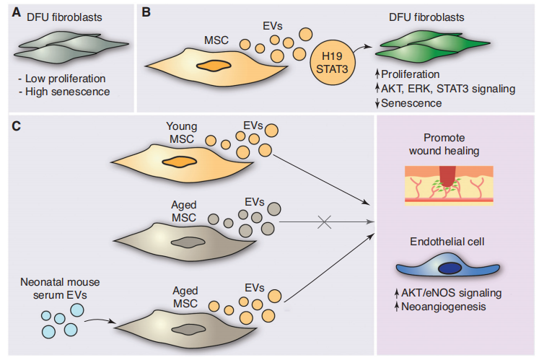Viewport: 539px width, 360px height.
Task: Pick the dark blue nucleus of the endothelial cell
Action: click(452, 268)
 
